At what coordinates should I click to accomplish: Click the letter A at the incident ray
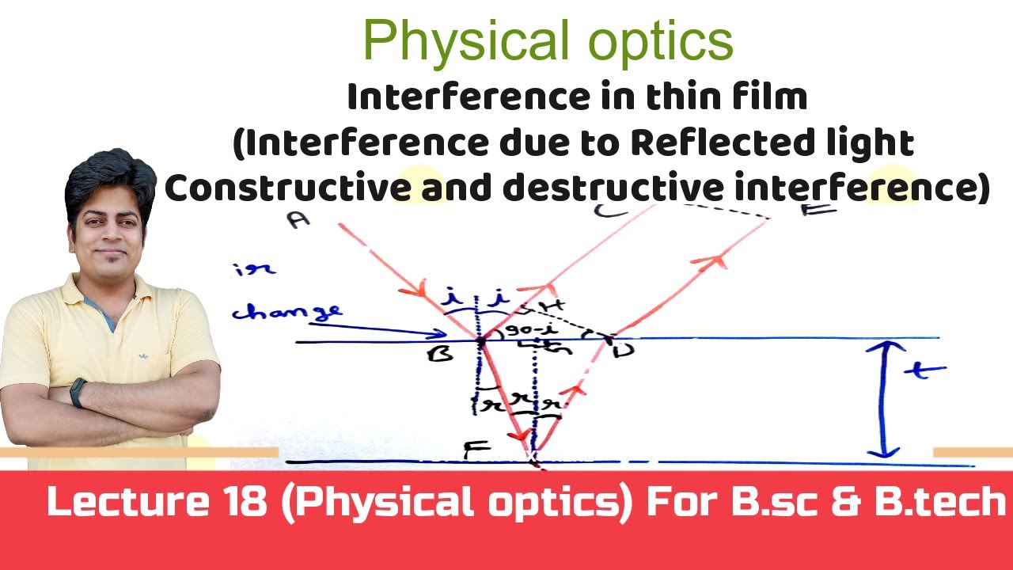(298, 219)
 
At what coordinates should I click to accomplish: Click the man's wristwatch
(78, 393)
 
